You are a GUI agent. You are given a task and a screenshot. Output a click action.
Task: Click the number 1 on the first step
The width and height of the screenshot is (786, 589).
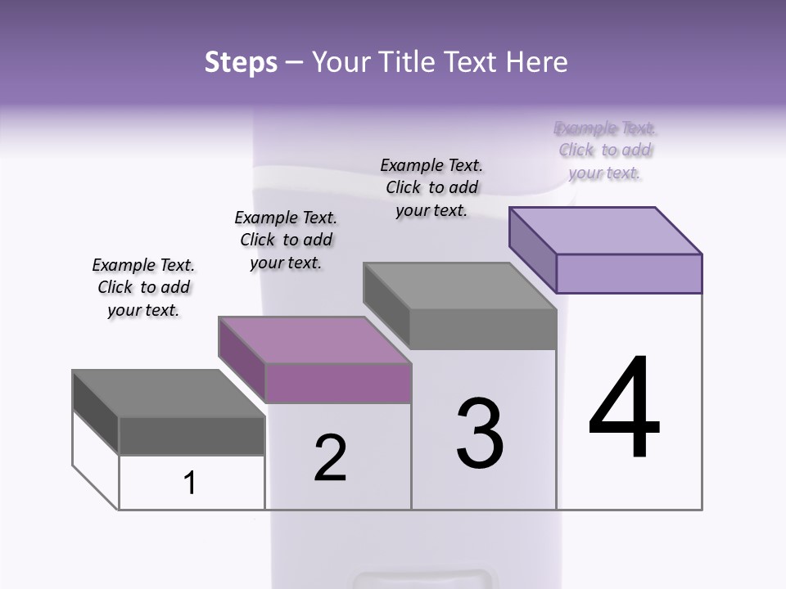(x=190, y=483)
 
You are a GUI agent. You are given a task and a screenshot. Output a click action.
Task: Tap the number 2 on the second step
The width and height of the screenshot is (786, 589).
(x=331, y=457)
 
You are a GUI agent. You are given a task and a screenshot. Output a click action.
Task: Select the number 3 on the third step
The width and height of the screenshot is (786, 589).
(x=480, y=434)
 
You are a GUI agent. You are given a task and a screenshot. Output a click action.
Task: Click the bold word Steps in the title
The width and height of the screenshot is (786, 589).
(x=241, y=62)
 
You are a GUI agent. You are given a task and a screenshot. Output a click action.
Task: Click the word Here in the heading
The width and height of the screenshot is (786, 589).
(x=540, y=62)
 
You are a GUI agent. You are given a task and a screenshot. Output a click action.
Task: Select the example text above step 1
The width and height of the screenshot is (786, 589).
(x=143, y=287)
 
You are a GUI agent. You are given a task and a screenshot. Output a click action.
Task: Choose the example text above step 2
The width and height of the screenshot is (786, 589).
(x=286, y=240)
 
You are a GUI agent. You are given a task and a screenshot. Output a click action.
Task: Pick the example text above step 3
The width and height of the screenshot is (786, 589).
(x=431, y=187)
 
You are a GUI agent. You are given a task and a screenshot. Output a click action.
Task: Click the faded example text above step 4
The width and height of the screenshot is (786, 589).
(x=605, y=151)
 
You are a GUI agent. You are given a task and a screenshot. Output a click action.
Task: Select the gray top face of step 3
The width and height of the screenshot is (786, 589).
(x=459, y=286)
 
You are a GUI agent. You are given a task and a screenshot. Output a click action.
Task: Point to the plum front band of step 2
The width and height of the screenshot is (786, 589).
(x=337, y=383)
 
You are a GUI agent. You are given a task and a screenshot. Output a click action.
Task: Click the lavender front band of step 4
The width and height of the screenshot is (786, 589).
(x=629, y=273)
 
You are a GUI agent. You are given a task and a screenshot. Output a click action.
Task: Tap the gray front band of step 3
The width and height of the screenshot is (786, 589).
(x=483, y=329)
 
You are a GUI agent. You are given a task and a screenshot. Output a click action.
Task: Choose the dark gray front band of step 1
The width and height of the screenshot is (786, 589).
(x=192, y=436)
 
